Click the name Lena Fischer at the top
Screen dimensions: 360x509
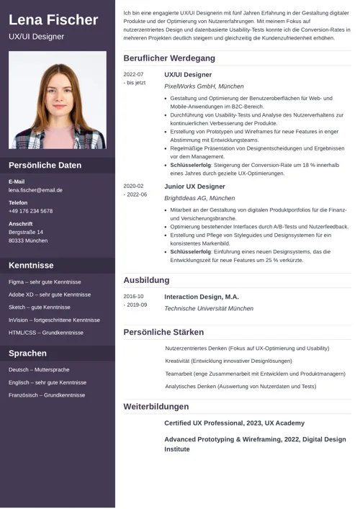(x=53, y=19)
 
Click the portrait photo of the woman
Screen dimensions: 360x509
(x=57, y=100)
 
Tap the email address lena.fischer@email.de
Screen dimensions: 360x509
(x=35, y=190)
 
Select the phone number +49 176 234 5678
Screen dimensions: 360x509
(x=30, y=211)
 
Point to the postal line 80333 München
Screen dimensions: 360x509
(x=28, y=240)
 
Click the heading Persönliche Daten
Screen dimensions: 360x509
(x=45, y=165)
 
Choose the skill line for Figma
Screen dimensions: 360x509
(x=45, y=281)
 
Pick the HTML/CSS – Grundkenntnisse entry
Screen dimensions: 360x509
(x=46, y=333)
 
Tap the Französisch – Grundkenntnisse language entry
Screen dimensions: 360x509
(x=47, y=395)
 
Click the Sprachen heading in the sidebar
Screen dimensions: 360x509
(x=27, y=353)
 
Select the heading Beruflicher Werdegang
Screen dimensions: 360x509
(x=168, y=58)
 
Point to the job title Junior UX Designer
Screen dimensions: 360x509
(x=194, y=186)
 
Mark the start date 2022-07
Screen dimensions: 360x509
(x=133, y=74)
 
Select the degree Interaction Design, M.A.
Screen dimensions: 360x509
(x=201, y=297)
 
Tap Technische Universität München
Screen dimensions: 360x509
(x=209, y=308)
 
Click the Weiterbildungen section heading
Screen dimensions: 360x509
(x=156, y=407)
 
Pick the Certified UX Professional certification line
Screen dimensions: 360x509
(x=234, y=423)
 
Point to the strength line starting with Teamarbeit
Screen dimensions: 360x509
(x=255, y=374)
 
